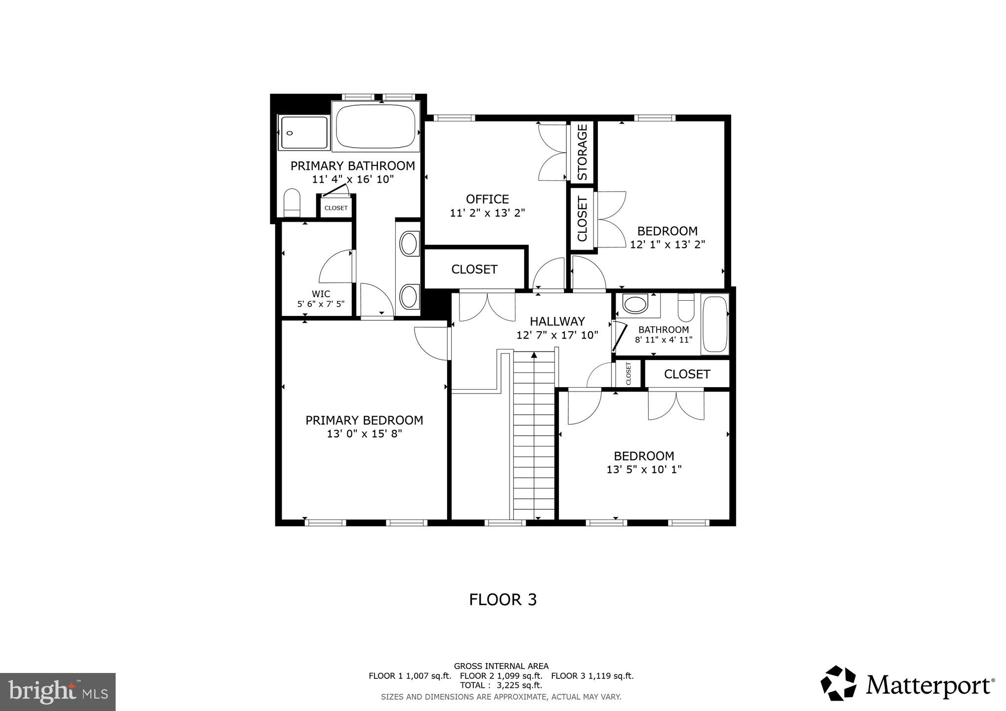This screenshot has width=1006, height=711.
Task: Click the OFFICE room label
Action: [x=487, y=199]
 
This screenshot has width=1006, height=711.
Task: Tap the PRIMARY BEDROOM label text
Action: [x=364, y=420]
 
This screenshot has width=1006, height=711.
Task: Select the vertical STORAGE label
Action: [x=582, y=152]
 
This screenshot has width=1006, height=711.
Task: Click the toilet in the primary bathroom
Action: [x=292, y=202]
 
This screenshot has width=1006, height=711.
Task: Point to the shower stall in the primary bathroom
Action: [x=303, y=132]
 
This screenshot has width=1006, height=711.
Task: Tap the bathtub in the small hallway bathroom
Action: [x=715, y=324]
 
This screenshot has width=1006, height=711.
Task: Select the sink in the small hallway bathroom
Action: [x=635, y=304]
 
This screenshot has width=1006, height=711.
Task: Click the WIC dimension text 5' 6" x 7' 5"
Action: [x=321, y=304]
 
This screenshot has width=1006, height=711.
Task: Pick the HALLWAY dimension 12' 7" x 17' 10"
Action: [x=557, y=335]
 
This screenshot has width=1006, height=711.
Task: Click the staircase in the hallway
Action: [x=534, y=434]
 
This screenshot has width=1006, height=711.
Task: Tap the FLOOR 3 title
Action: [x=503, y=599]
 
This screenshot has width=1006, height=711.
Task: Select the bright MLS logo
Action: [x=58, y=691]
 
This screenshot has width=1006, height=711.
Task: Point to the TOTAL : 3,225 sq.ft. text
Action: [x=501, y=685]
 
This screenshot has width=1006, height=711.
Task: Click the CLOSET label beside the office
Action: [x=474, y=269]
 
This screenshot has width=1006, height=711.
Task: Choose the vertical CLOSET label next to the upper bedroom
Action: [x=582, y=219]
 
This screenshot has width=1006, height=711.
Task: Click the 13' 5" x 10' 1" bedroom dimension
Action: [x=644, y=470]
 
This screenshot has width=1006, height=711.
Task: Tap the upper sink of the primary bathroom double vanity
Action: [x=408, y=243]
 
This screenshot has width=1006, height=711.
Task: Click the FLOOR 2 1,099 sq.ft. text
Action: [x=501, y=676]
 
